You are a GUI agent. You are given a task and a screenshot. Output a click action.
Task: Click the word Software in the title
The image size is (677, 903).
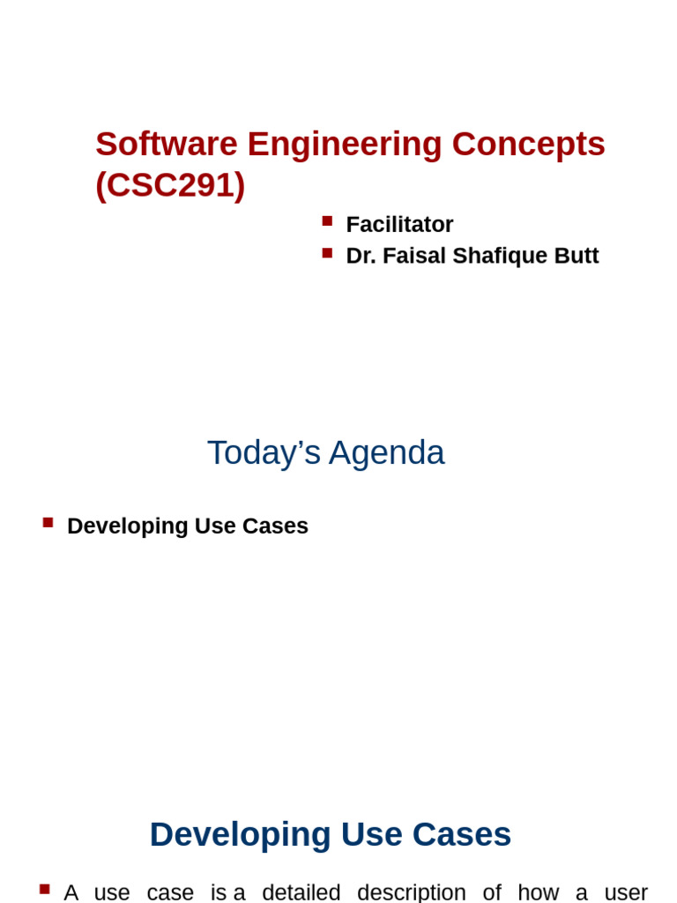click(x=167, y=144)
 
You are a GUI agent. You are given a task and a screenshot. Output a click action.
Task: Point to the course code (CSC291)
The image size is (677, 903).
click(x=170, y=185)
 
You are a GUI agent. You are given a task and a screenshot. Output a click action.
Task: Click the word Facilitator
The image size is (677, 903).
click(x=399, y=225)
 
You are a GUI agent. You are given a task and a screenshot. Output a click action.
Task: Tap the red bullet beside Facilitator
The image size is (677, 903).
click(x=327, y=221)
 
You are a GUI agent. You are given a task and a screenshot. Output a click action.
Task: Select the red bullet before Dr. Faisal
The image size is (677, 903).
click(x=327, y=253)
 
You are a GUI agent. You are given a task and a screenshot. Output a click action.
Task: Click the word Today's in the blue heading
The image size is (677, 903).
click(x=264, y=452)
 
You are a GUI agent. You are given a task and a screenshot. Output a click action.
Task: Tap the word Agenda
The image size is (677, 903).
click(x=387, y=452)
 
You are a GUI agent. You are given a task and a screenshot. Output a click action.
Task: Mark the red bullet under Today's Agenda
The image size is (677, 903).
click(x=48, y=522)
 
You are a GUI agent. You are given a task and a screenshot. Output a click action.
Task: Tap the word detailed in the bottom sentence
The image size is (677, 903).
click(x=301, y=892)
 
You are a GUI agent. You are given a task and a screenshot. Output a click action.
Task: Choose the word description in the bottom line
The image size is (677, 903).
click(x=412, y=892)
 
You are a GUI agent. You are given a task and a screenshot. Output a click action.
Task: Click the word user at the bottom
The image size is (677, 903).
click(x=626, y=892)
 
